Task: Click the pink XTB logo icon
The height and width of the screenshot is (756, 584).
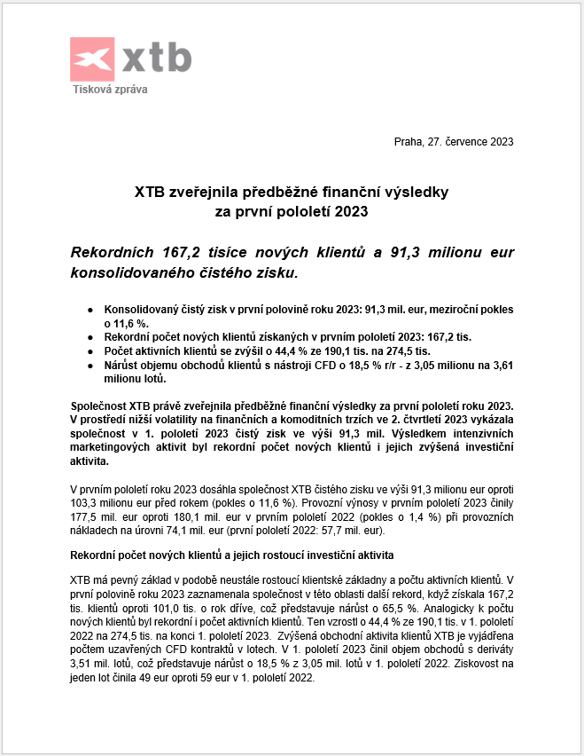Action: pos(93,59)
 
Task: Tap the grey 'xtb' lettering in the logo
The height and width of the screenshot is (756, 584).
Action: pos(156,58)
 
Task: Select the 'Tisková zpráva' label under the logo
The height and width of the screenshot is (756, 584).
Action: pos(110,90)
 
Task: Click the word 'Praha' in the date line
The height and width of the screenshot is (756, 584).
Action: pos(409,142)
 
